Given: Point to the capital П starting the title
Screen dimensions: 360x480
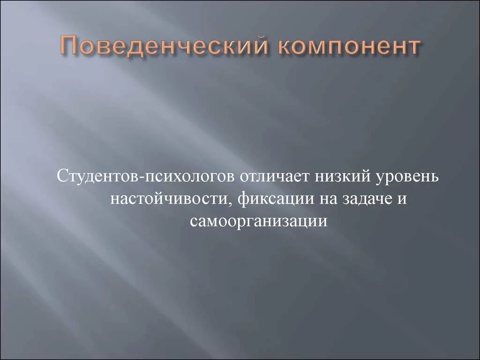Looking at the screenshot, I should coord(70,47).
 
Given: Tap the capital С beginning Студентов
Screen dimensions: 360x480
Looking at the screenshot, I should coord(61,177).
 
